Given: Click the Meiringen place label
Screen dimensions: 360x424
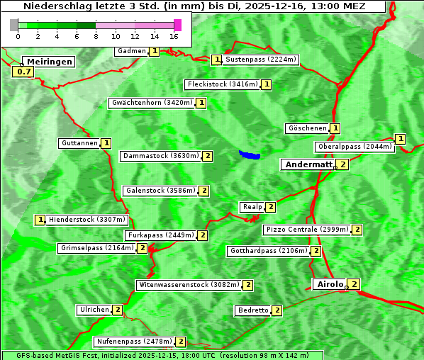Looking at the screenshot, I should pyautogui.click(x=48, y=62).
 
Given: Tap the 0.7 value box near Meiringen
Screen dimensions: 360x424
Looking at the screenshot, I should pyautogui.click(x=23, y=72).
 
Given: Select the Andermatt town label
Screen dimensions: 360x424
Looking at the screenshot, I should pyautogui.click(x=308, y=164).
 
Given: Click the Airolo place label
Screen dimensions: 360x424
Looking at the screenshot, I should pyautogui.click(x=330, y=284).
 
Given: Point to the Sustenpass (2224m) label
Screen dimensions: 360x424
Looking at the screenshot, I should pyautogui.click(x=261, y=60).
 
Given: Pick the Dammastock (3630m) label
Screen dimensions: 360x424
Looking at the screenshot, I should pyautogui.click(x=160, y=156).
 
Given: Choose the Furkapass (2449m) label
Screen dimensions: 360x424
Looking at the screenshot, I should pyautogui.click(x=160, y=235).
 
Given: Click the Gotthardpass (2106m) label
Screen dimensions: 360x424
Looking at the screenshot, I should pyautogui.click(x=268, y=251).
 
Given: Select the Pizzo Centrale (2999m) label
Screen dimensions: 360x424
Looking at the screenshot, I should pyautogui.click(x=307, y=230).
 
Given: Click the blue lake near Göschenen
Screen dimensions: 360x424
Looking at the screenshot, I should pyautogui.click(x=250, y=154).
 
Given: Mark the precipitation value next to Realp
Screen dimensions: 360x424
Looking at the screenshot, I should pyautogui.click(x=271, y=207).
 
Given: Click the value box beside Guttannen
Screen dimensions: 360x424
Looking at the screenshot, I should pyautogui.click(x=106, y=143).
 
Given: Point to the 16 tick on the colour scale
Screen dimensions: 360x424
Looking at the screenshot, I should pyautogui.click(x=174, y=35).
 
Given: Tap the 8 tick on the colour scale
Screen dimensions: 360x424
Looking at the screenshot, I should pyautogui.click(x=96, y=35).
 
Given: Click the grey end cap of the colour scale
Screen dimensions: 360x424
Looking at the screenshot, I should pyautogui.click(x=14, y=25).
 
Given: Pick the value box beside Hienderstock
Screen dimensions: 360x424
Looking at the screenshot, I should pyautogui.click(x=40, y=220).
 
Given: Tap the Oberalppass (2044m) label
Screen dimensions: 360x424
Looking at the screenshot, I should pyautogui.click(x=355, y=147).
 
